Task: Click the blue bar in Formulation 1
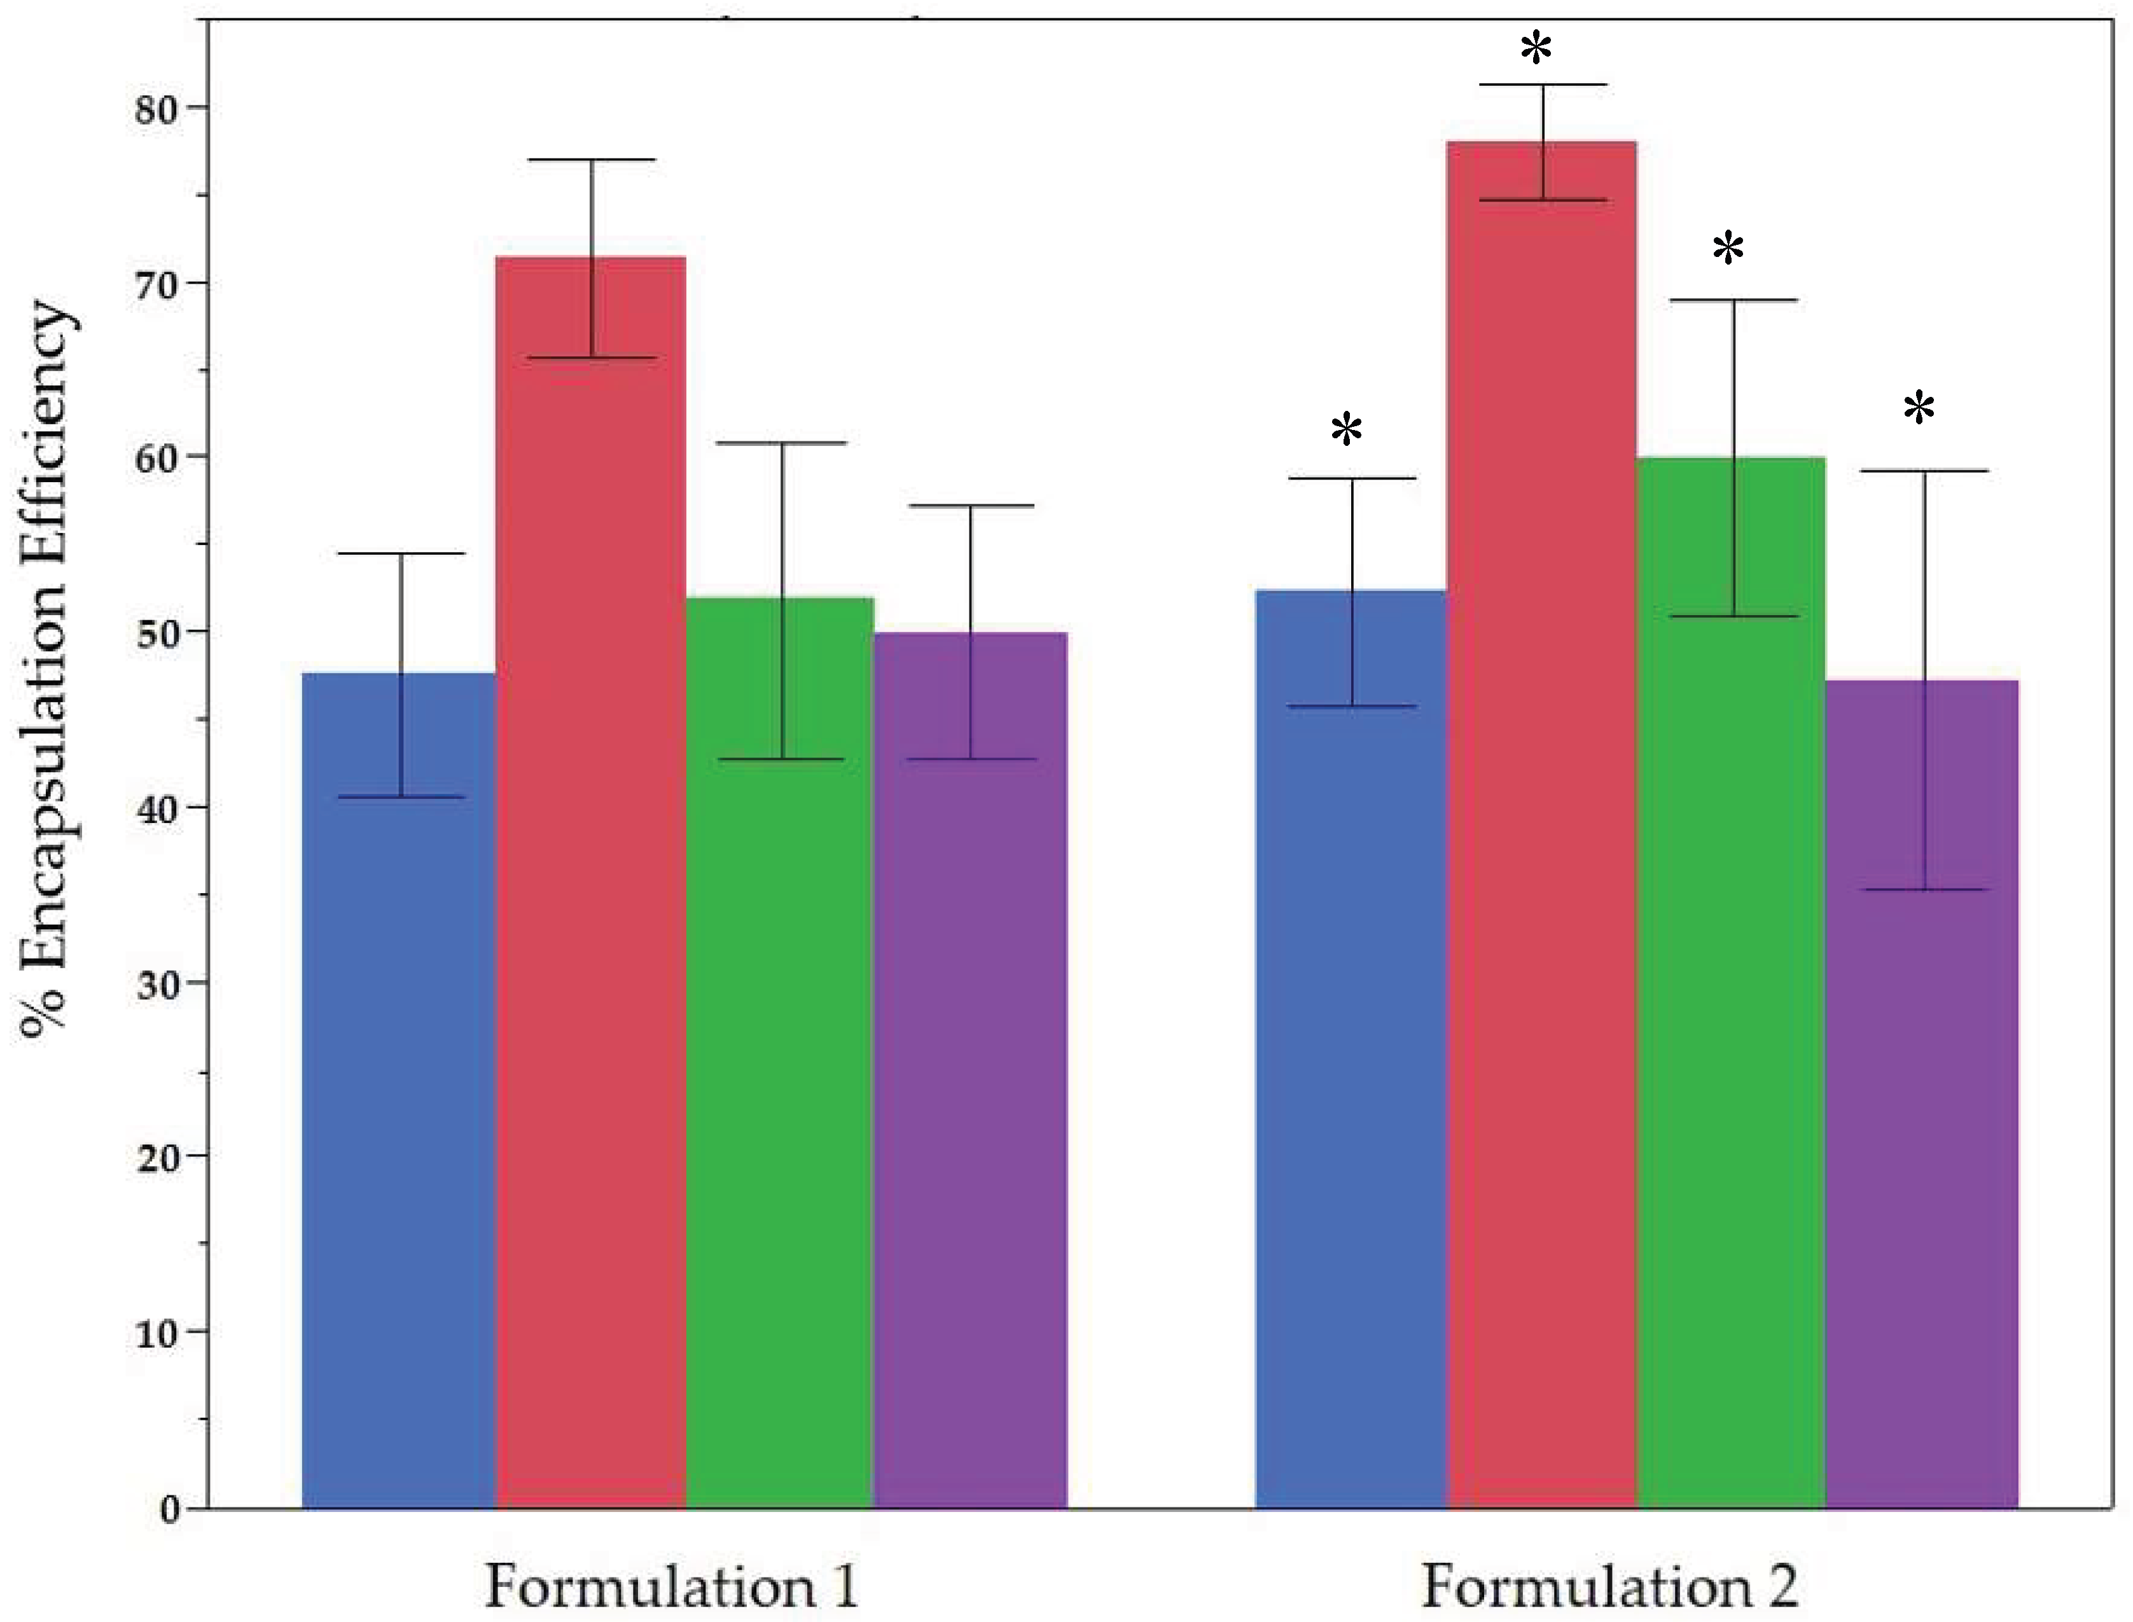coord(399,1091)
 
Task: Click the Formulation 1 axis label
coord(671,1586)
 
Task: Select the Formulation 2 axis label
coord(1609,1586)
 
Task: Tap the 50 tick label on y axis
coord(156,632)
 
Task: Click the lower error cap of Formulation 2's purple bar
coord(1924,889)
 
